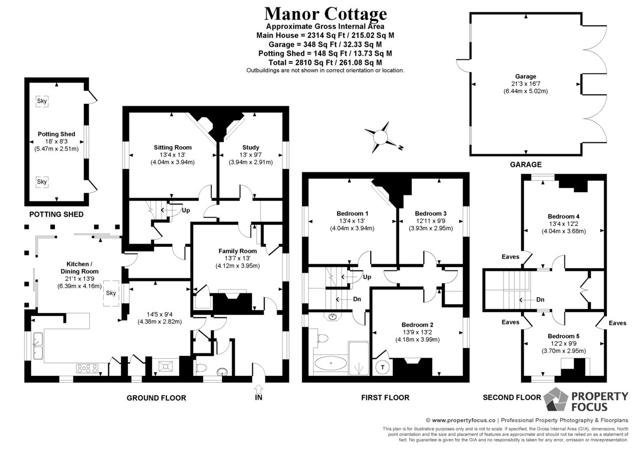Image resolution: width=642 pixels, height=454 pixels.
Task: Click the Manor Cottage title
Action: pyautogui.click(x=325, y=14)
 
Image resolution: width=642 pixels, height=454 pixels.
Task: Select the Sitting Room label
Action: pyautogui.click(x=172, y=147)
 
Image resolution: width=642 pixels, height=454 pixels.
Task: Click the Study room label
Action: pyautogui.click(x=250, y=147)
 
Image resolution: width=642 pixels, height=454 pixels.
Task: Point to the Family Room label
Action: pyautogui.click(x=238, y=251)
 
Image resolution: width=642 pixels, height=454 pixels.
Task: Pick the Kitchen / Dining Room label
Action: pyautogui.click(x=79, y=268)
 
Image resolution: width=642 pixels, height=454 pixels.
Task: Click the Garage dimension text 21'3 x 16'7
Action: pyautogui.click(x=525, y=84)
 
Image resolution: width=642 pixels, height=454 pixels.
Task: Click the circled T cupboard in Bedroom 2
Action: pyautogui.click(x=383, y=367)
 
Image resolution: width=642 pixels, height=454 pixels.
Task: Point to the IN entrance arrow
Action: pyautogui.click(x=258, y=389)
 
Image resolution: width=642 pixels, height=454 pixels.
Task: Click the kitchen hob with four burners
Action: pyautogui.click(x=87, y=368)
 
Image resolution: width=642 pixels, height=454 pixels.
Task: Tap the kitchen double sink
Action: pyautogui.click(x=38, y=346)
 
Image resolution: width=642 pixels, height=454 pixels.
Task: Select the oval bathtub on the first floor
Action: pyautogui.click(x=331, y=363)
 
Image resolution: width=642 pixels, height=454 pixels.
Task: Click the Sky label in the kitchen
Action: pyautogui.click(x=111, y=293)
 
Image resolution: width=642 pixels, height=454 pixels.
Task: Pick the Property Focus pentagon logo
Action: pyautogui.click(x=556, y=399)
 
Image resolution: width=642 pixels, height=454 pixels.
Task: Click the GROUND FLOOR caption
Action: pyautogui.click(x=156, y=398)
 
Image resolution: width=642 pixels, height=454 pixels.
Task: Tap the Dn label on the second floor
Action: pyautogui.click(x=540, y=300)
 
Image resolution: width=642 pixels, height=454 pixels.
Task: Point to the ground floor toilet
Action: pyautogui.click(x=202, y=368)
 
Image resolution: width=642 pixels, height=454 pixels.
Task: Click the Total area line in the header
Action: pyautogui.click(x=325, y=63)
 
